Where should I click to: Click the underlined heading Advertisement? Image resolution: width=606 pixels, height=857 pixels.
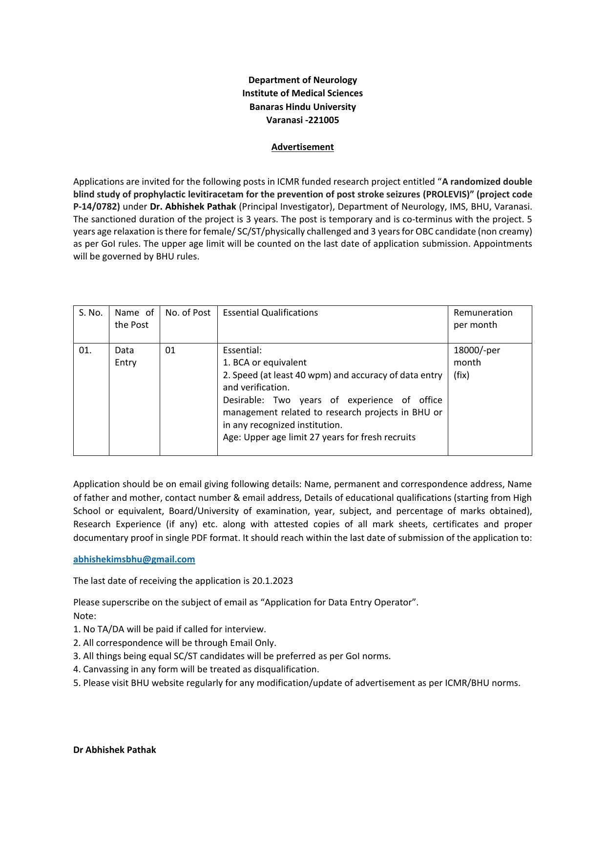[x=302, y=147]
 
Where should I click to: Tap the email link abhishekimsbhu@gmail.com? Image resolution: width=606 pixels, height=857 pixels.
[x=134, y=559]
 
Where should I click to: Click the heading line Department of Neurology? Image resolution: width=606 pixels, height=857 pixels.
[x=302, y=80]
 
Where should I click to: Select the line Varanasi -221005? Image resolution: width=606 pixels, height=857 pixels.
[x=302, y=120]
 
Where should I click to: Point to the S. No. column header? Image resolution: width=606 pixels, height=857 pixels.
[x=91, y=313]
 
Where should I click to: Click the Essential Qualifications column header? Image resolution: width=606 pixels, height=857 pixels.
[x=270, y=313]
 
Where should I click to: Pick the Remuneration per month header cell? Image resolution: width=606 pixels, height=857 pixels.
[x=482, y=319]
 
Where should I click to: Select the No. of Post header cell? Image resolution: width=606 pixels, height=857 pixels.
[x=188, y=313]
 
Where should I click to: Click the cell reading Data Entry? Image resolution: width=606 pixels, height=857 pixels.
[x=125, y=356]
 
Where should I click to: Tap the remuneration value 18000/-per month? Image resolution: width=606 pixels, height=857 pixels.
[x=476, y=356]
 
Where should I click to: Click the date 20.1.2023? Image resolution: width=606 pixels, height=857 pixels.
[x=272, y=581]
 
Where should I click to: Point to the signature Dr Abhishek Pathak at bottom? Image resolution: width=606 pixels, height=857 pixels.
[x=114, y=750]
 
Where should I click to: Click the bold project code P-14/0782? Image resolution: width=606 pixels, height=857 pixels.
[x=96, y=207]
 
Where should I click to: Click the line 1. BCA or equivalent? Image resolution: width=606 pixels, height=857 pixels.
[x=265, y=363]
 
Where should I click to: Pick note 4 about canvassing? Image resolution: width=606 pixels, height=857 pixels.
[x=196, y=669]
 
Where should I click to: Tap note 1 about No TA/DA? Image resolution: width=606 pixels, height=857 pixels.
[x=169, y=629]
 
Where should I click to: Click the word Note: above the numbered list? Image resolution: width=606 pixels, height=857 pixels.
[x=84, y=616]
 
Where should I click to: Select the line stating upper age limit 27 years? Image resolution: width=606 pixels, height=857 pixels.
[x=319, y=437]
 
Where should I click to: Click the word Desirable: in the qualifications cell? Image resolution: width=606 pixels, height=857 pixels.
[x=243, y=400]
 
